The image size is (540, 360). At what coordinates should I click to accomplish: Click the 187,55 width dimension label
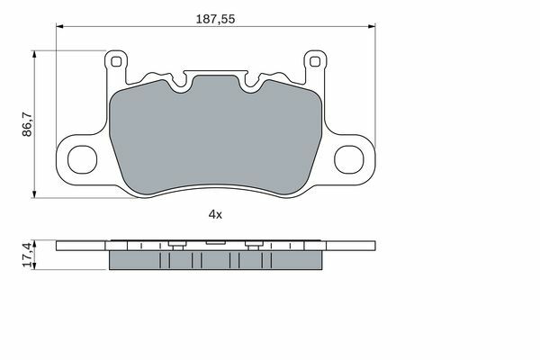point(215,19)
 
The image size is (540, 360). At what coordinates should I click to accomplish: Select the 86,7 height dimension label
point(27,124)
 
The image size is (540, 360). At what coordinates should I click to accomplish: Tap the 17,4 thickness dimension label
point(27,255)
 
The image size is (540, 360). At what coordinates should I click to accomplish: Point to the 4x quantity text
point(215,214)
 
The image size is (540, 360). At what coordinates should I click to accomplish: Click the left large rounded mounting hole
point(82,159)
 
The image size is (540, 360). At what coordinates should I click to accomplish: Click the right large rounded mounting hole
point(349,159)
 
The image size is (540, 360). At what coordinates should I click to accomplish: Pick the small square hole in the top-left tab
point(116,62)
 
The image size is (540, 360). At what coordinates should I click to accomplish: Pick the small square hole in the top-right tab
point(315,62)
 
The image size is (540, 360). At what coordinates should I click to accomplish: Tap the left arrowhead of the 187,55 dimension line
point(59,26)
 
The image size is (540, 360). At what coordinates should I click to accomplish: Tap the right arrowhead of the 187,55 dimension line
point(372,26)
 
